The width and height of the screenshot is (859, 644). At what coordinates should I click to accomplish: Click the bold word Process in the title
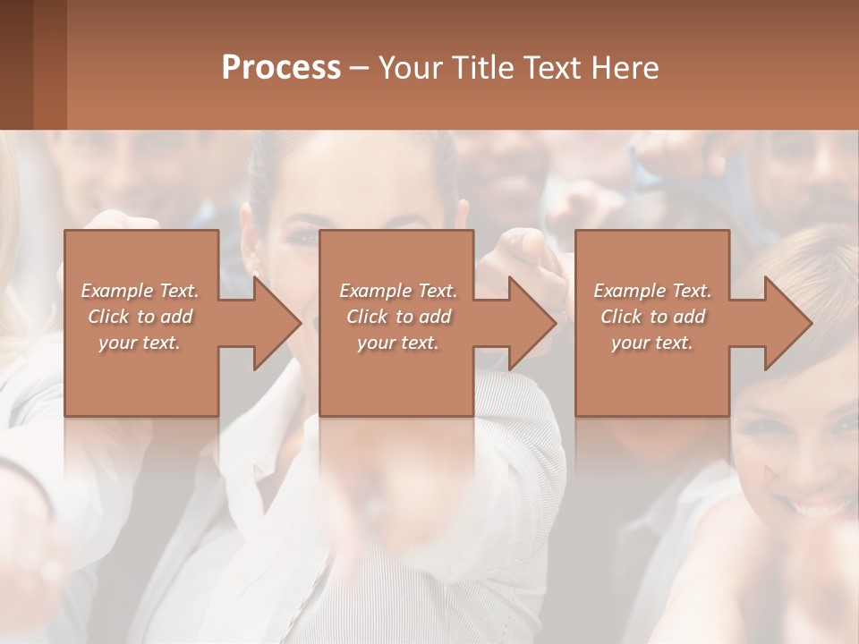pyautogui.click(x=281, y=68)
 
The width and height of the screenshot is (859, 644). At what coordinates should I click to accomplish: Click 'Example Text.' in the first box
pyautogui.click(x=140, y=291)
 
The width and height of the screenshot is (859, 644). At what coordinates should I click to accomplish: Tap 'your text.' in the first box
pyautogui.click(x=140, y=343)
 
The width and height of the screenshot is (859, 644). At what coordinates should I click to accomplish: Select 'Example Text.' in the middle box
pyautogui.click(x=398, y=291)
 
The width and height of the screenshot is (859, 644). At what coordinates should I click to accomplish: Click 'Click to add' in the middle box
pyautogui.click(x=398, y=317)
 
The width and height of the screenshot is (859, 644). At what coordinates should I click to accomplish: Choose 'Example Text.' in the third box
pyautogui.click(x=652, y=291)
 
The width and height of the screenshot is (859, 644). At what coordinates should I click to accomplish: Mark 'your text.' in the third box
pyautogui.click(x=652, y=343)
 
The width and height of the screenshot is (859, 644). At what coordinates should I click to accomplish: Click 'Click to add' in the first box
pyautogui.click(x=140, y=317)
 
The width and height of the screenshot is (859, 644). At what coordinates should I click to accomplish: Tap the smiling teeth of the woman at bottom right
pyautogui.click(x=815, y=510)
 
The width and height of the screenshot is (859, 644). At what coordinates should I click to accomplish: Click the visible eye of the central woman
pyautogui.click(x=305, y=238)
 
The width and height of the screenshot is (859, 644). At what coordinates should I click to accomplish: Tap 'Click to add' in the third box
pyautogui.click(x=652, y=317)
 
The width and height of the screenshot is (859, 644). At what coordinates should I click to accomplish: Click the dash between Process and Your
pyautogui.click(x=359, y=68)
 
